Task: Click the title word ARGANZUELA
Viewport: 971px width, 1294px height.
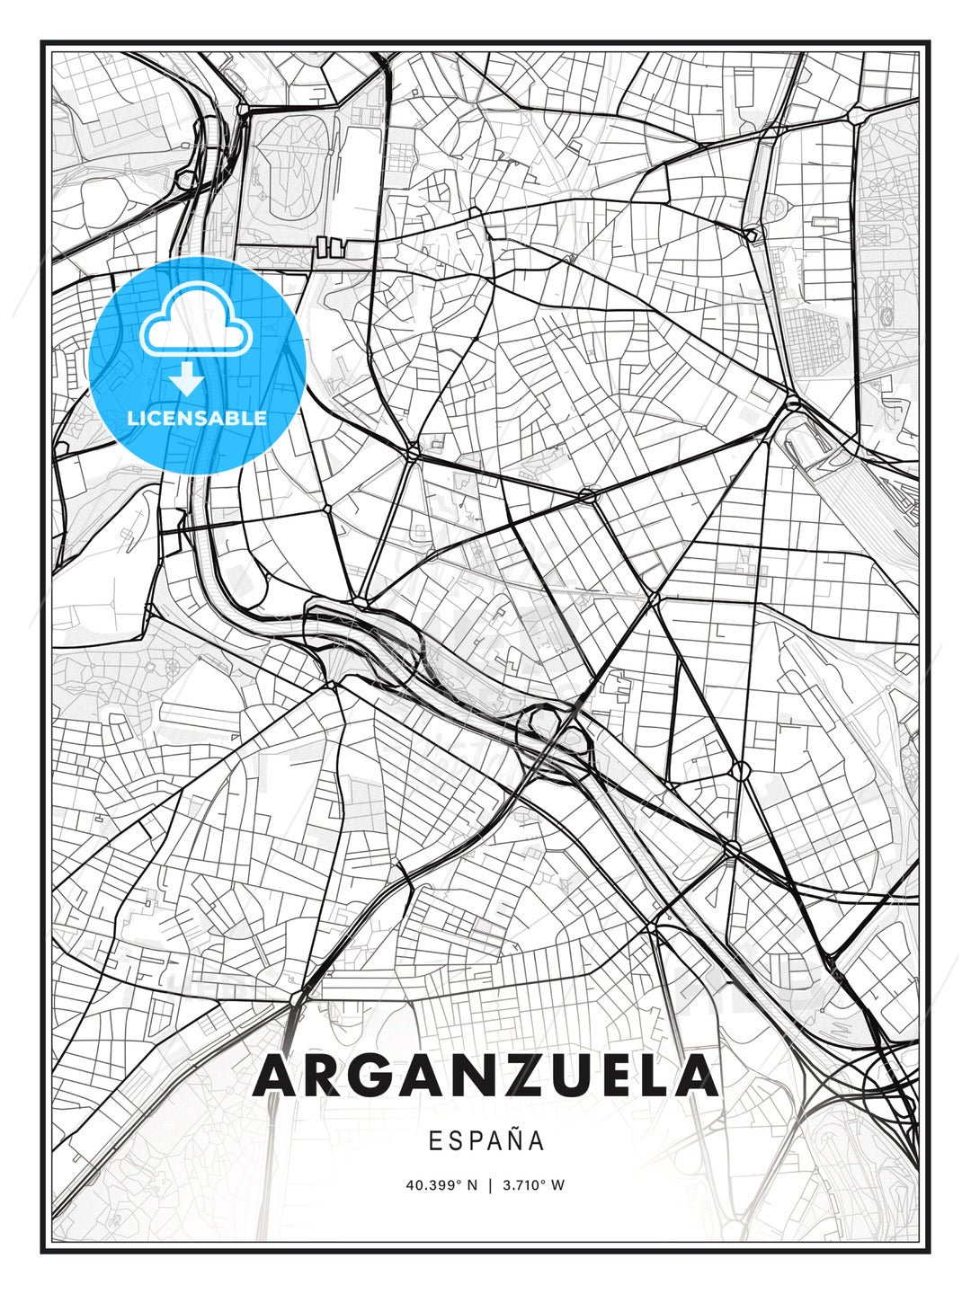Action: (x=486, y=1077)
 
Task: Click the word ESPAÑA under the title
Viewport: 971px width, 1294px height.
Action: (x=486, y=1140)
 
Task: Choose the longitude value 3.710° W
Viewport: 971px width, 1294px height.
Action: (x=533, y=1185)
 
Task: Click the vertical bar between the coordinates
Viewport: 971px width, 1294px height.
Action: (x=490, y=1185)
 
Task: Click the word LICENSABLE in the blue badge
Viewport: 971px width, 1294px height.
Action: (x=197, y=418)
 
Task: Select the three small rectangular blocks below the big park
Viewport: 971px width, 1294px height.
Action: (x=330, y=246)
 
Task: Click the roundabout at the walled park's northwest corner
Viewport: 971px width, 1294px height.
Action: (x=243, y=110)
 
